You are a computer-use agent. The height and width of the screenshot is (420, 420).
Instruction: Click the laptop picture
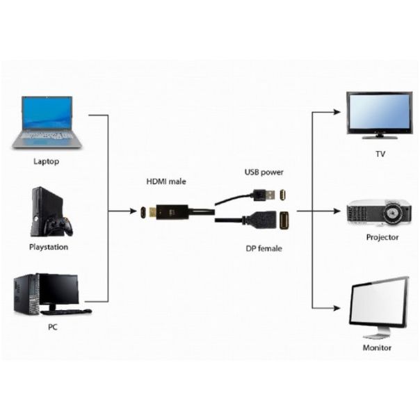47,122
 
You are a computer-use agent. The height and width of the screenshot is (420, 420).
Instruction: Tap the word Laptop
47,161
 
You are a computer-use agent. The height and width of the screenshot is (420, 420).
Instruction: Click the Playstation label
49,247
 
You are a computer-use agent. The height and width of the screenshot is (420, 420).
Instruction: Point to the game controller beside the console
58,227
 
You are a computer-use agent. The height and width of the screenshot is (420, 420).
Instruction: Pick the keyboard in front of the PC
68,312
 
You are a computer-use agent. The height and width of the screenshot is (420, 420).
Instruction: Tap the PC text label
52,326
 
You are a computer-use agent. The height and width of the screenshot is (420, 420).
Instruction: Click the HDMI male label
166,181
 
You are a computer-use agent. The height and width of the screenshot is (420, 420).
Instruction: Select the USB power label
264,171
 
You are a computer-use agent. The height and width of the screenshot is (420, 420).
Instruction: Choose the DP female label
264,248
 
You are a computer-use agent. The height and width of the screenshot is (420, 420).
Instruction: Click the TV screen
380,112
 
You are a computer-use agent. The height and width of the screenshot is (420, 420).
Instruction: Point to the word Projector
382,237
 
